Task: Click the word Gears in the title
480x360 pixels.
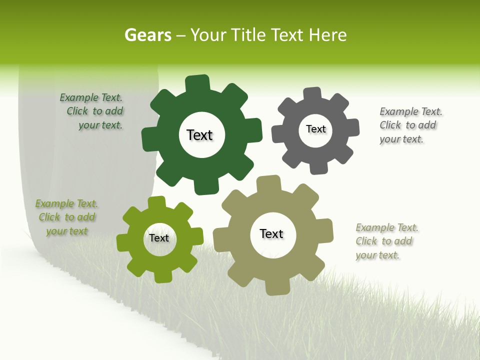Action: [x=147, y=35]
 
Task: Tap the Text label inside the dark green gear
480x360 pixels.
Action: [x=199, y=135]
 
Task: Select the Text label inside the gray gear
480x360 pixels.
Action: [x=315, y=129]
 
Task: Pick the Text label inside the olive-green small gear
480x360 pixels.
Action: [x=159, y=238]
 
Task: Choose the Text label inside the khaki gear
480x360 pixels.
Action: [x=271, y=233]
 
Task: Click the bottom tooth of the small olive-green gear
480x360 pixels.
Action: [x=162, y=276]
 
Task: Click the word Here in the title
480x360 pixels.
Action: [x=327, y=35]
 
